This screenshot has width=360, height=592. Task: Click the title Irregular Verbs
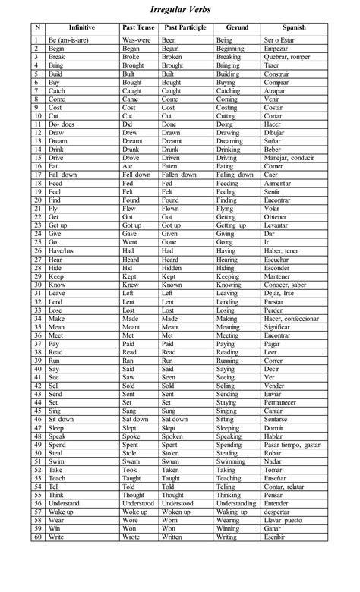[179, 9]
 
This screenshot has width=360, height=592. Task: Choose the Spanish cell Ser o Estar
[280, 39]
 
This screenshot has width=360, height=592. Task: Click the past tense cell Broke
[131, 57]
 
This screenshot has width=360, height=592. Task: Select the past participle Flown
[171, 207]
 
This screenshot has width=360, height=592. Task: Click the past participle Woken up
[176, 511]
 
